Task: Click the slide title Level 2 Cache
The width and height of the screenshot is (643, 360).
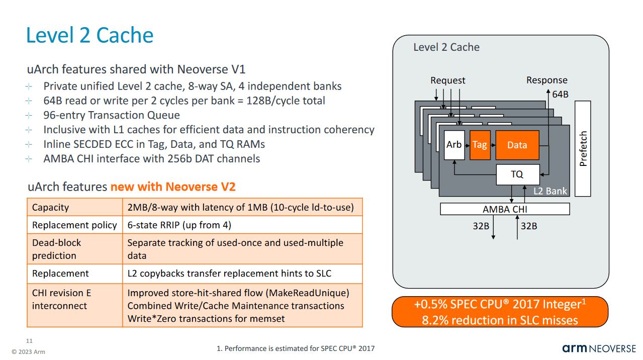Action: (x=89, y=36)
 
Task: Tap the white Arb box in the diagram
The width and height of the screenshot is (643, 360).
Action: (x=454, y=145)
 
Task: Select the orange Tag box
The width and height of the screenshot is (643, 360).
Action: (x=480, y=145)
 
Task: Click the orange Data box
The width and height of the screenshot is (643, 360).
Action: (x=517, y=145)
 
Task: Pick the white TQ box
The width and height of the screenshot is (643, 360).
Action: (x=517, y=174)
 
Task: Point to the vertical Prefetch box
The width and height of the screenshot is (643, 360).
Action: (x=583, y=148)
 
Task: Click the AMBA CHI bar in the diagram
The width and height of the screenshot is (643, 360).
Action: (x=505, y=209)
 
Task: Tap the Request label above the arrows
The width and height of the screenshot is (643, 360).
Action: (x=447, y=80)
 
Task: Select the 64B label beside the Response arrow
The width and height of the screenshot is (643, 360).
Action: (x=560, y=94)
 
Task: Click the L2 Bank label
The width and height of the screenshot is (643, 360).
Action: (x=550, y=191)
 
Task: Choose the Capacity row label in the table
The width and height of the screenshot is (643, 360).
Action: (x=50, y=208)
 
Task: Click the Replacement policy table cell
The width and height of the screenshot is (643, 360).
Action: (x=74, y=225)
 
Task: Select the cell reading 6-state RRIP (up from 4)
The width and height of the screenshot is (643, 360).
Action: (x=179, y=225)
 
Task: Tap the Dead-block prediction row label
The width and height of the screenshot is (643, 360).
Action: (x=56, y=249)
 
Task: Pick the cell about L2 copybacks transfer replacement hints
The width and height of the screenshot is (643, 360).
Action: (x=229, y=274)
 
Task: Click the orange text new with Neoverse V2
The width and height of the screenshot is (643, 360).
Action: (x=173, y=187)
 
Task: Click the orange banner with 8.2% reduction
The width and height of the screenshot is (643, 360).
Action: (x=500, y=312)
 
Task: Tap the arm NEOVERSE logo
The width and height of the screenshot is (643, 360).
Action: (x=599, y=348)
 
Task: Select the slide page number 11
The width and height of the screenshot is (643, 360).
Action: (x=29, y=340)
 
